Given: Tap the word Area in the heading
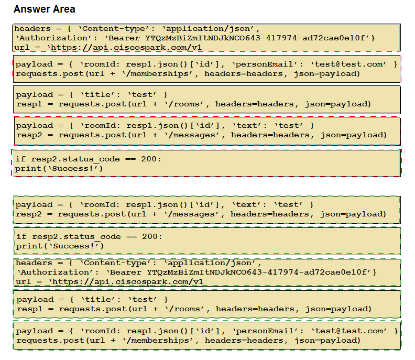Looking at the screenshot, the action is point(64,9).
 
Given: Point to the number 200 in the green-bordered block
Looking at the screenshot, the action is point(150,236).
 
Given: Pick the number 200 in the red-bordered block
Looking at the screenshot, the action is point(149,159).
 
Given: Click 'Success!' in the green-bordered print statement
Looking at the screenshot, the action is point(73,246).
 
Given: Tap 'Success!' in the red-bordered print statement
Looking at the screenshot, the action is point(72,169).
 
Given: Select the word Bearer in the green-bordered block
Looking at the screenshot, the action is point(126,272).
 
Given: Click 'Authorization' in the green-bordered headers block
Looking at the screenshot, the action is point(57,272).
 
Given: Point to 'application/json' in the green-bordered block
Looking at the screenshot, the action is point(211,263).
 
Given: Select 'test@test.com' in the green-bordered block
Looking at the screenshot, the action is point(349,331).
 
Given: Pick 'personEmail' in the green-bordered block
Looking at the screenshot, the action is point(265,331).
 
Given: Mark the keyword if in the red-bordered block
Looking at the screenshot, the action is point(20,159).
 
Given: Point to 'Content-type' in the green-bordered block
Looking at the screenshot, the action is point(116,263).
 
